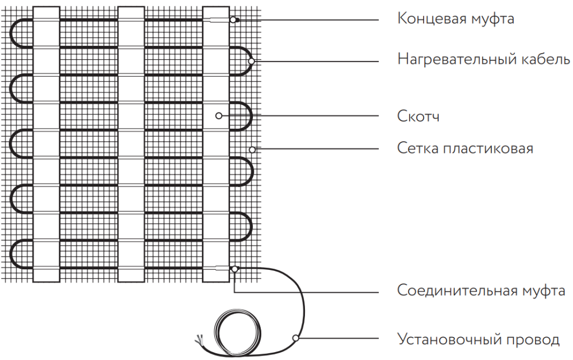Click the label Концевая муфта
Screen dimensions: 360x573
pyautogui.click(x=455, y=19)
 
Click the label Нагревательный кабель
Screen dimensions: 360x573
pyautogui.click(x=484, y=59)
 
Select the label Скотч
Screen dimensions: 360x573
pyautogui.click(x=418, y=116)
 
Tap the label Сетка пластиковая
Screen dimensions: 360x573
pyautogui.click(x=465, y=149)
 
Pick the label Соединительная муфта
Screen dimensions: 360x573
pyautogui.click(x=481, y=291)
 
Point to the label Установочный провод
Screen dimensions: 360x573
pyautogui.click(x=478, y=339)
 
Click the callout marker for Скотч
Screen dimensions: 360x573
pyautogui.click(x=219, y=116)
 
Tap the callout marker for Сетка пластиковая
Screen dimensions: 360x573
pyautogui.click(x=252, y=149)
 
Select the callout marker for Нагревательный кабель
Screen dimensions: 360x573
pyautogui.click(x=252, y=60)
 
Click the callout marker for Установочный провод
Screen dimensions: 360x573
pyautogui.click(x=295, y=338)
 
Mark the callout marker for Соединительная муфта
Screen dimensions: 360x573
pyautogui.click(x=235, y=269)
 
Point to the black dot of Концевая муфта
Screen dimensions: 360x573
pyautogui.click(x=237, y=20)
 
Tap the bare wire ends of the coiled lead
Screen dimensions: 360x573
pyautogui.click(x=199, y=340)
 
